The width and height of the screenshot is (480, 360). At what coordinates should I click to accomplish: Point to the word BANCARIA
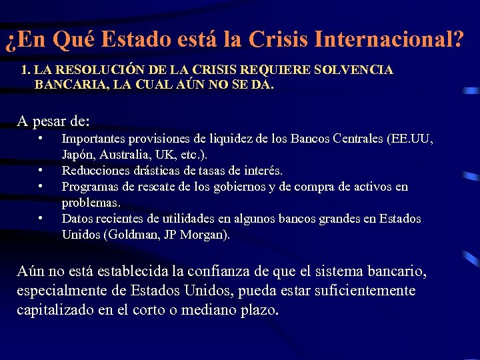click(65, 85)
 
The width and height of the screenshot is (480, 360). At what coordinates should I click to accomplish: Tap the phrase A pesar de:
click(53, 122)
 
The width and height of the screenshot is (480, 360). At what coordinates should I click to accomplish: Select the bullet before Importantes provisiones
click(41, 139)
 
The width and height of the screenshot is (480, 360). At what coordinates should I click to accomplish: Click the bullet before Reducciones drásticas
click(41, 171)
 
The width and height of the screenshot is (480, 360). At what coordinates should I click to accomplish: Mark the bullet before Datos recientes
click(41, 218)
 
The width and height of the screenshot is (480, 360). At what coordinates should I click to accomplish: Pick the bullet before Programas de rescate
click(41, 186)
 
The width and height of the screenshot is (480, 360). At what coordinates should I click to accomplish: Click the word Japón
click(77, 155)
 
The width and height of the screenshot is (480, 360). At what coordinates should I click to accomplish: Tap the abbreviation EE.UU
click(412, 139)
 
